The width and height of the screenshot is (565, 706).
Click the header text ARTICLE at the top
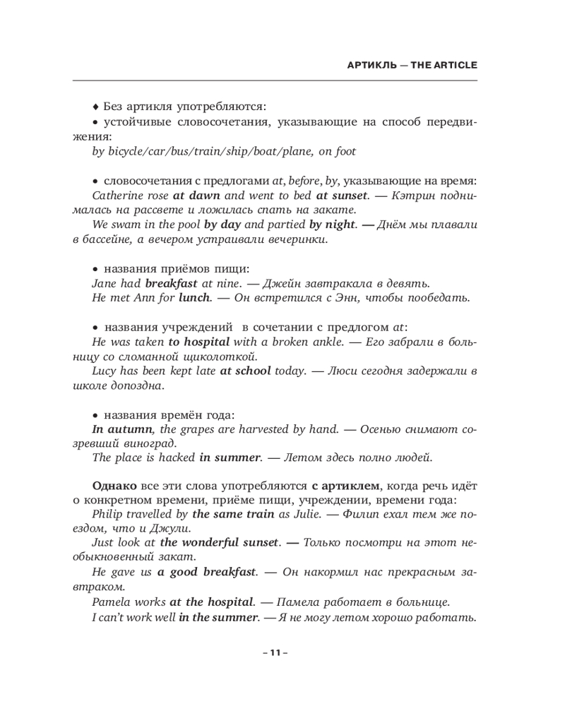pos(455,65)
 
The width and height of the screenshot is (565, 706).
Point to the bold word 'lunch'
pos(195,299)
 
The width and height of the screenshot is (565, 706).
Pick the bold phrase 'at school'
pos(245,371)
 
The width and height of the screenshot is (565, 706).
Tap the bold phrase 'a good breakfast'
pos(206,573)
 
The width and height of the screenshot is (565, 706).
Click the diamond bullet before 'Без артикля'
pos(95,107)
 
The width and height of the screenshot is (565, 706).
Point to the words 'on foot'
pos(338,151)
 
